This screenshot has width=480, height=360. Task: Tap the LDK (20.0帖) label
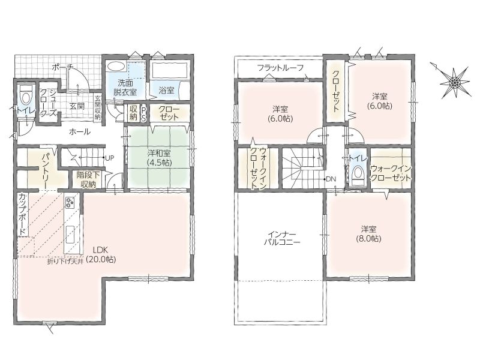[x=101, y=254]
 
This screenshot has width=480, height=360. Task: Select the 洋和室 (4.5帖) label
[x=159, y=157]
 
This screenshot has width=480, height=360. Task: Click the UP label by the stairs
[x=109, y=158]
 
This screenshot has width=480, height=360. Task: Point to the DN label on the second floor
[x=331, y=179]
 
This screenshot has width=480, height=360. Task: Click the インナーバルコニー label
[x=282, y=239]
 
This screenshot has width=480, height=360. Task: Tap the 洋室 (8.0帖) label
[x=368, y=234]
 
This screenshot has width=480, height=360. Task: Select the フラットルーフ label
[x=280, y=67]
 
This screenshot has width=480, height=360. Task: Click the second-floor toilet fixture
[x=357, y=175]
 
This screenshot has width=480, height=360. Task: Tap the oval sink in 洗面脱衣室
[x=116, y=67]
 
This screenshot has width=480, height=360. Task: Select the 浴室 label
[x=167, y=91]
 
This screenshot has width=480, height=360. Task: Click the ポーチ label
[x=62, y=67]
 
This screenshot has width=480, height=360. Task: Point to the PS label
[x=143, y=113]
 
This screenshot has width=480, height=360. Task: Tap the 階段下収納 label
[x=88, y=179]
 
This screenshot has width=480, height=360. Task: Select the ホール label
[x=80, y=132]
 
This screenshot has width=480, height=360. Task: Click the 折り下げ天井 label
[x=65, y=262]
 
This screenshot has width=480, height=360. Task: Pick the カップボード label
[x=22, y=215]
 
